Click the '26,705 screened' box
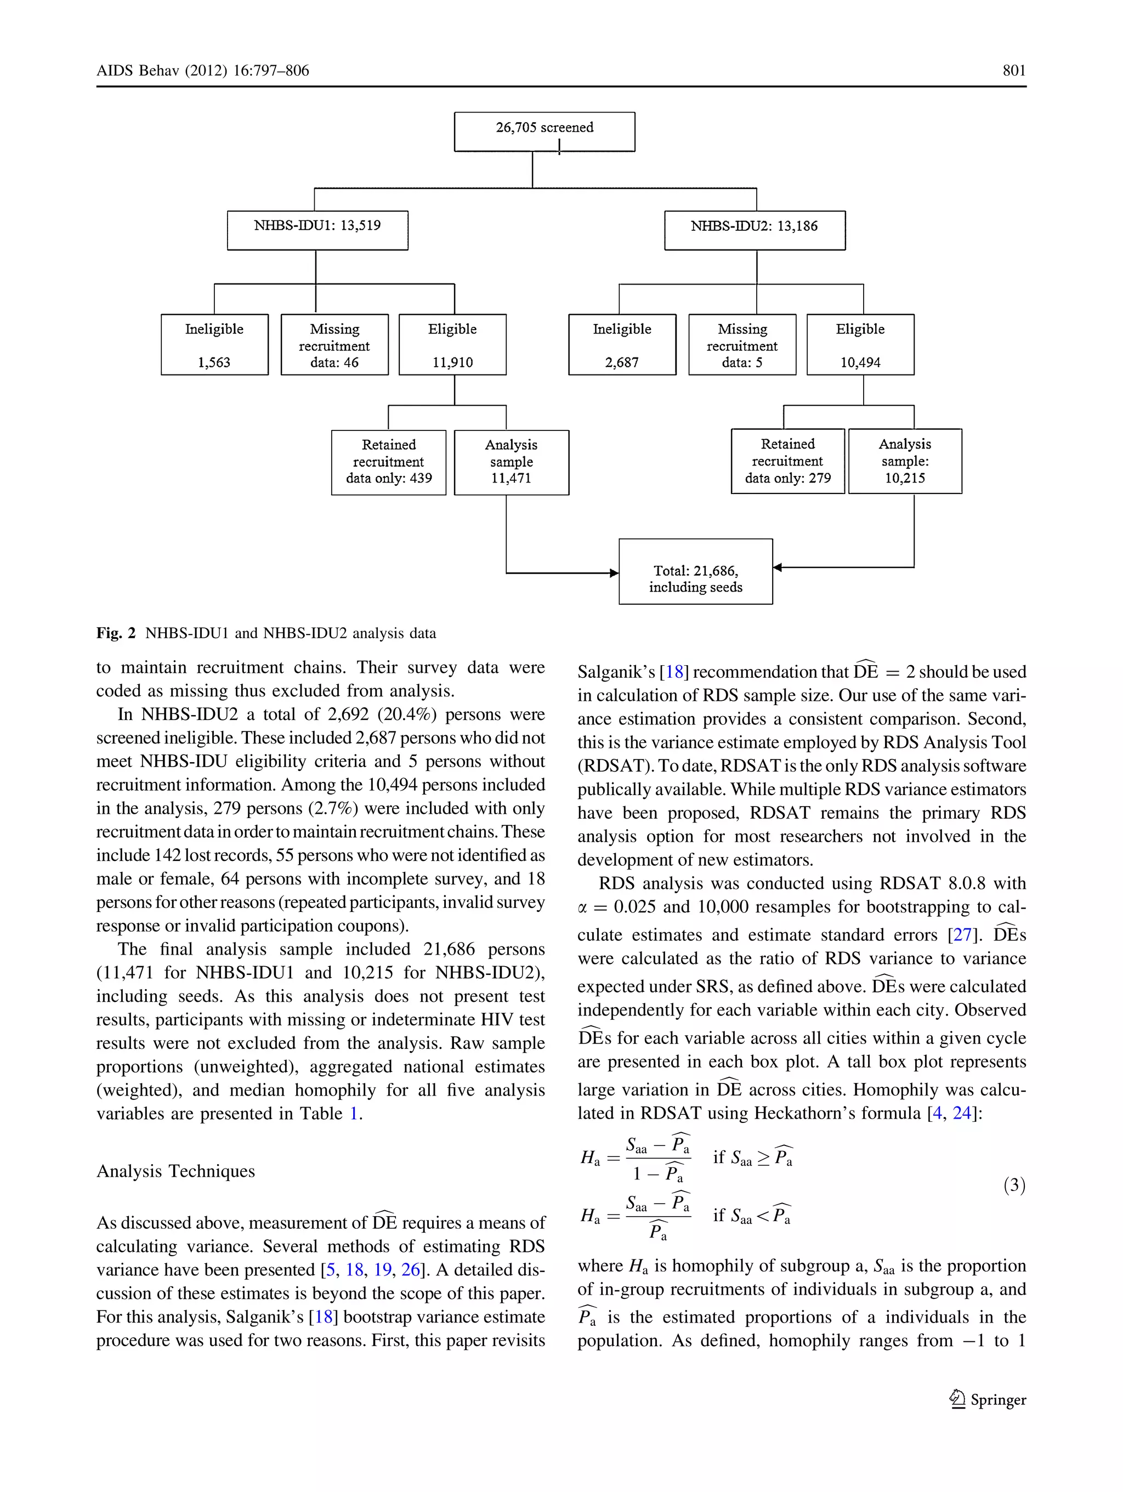point(545,132)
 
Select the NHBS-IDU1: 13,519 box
point(317,230)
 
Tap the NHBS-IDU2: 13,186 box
point(754,230)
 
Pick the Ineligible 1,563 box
point(214,345)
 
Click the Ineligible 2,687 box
point(622,345)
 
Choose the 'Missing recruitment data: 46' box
point(334,345)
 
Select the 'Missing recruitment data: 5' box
point(742,345)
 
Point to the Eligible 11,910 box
point(452,345)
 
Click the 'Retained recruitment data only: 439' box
point(388,462)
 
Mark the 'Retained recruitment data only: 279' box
point(788,461)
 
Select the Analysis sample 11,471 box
point(511,462)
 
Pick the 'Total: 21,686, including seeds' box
point(695,571)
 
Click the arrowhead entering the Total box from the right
point(778,568)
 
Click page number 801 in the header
point(1014,71)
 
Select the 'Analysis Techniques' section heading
point(175,1171)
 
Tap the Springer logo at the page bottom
point(988,1399)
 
